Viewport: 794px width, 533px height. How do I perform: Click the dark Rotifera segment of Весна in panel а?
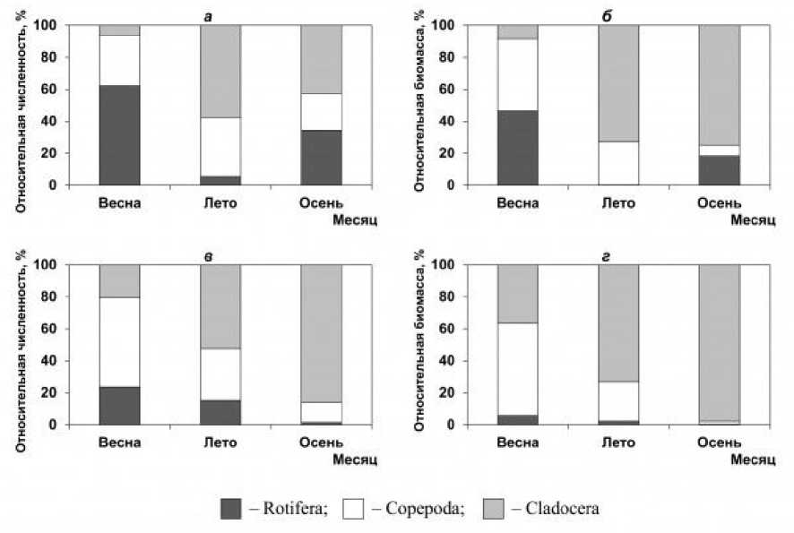(x=119, y=134)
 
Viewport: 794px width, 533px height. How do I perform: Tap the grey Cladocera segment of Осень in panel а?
(x=320, y=58)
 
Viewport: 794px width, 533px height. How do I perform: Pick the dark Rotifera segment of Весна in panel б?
(x=518, y=147)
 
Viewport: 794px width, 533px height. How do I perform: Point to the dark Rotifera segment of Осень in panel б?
(x=719, y=170)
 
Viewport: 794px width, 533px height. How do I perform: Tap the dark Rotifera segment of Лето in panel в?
(x=220, y=412)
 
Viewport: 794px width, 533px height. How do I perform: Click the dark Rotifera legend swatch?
(x=234, y=509)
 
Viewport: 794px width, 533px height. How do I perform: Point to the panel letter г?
(x=617, y=257)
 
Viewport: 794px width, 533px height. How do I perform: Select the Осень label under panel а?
(x=321, y=202)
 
